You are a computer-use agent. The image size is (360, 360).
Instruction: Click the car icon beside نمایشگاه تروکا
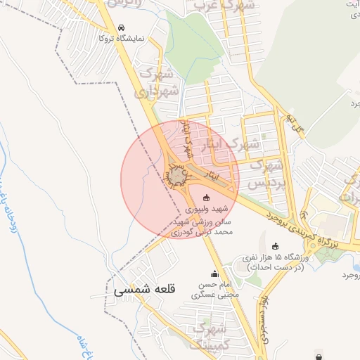122,28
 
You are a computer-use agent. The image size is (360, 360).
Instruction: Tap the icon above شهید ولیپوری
206,198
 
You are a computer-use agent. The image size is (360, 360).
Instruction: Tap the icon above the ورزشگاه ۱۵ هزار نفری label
275,246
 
